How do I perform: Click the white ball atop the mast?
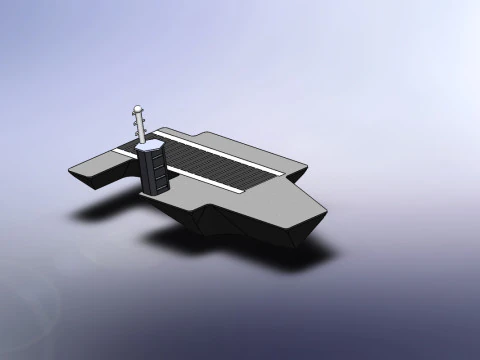click(x=137, y=109)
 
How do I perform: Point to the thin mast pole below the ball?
click(x=138, y=125)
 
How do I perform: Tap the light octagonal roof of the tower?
click(x=153, y=147)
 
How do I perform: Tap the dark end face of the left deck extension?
click(x=85, y=180)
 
